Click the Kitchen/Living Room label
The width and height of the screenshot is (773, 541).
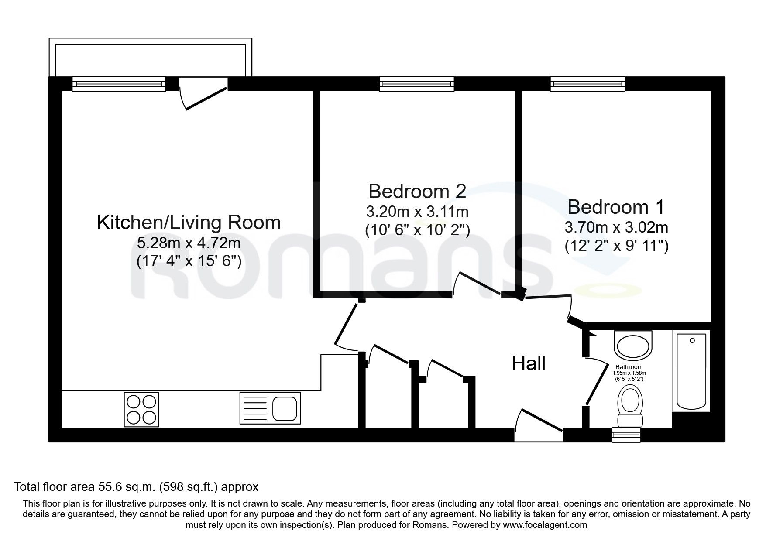click(189, 223)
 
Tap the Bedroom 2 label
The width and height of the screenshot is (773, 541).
click(417, 191)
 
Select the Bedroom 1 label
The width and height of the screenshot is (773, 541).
click(616, 207)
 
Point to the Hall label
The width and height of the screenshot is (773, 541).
click(529, 363)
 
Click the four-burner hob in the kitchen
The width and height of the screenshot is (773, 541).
click(141, 409)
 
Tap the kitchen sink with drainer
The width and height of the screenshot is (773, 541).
click(270, 408)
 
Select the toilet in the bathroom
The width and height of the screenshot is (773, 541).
click(629, 407)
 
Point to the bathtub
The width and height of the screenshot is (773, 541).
click(691, 371)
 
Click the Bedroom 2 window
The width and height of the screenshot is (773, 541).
click(417, 84)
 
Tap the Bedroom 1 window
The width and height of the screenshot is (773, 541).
click(587, 84)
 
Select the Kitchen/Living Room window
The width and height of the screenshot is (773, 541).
click(119, 84)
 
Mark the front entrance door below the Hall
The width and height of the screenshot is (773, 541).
click(539, 421)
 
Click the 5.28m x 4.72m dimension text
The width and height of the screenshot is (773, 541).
click(189, 243)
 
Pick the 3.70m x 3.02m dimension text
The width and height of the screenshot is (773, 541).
click(616, 227)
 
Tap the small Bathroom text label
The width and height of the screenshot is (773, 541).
click(629, 367)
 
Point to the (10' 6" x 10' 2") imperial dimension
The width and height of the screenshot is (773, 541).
click(417, 229)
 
